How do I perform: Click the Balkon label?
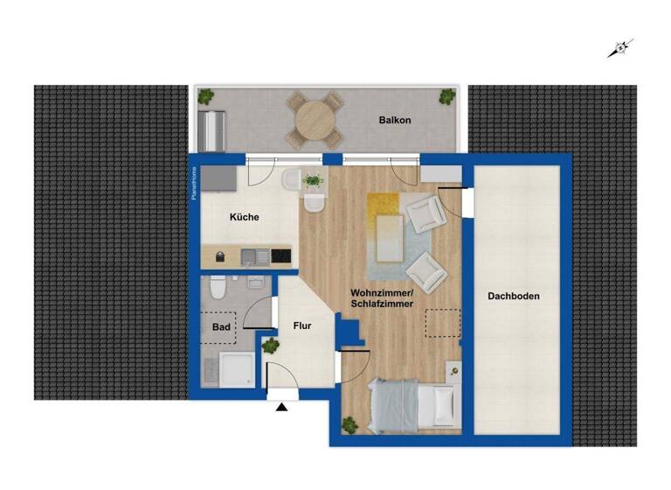(x=395, y=120)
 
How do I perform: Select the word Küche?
(x=244, y=217)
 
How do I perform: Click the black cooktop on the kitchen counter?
(x=280, y=255)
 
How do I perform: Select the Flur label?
(x=301, y=326)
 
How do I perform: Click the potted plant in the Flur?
(x=270, y=345)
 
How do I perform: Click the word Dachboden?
(x=514, y=297)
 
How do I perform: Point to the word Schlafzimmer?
(x=382, y=303)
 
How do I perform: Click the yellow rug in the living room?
(x=384, y=227)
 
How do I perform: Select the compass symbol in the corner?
(x=619, y=49)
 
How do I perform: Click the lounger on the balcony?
(x=212, y=131)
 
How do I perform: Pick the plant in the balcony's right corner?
(x=447, y=95)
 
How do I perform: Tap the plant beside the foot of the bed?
(x=349, y=425)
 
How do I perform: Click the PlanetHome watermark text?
(x=195, y=184)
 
